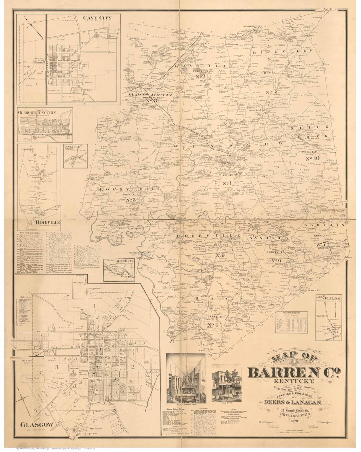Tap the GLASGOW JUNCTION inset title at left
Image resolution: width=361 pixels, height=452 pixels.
37,113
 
